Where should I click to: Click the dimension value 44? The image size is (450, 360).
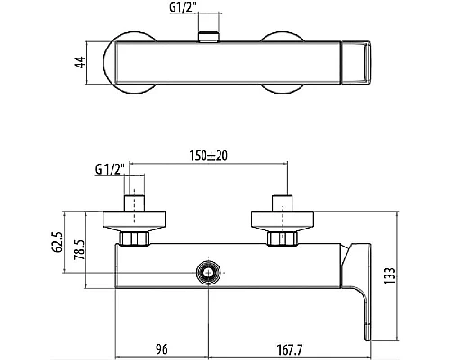[80, 62]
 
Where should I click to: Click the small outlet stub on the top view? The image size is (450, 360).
[210, 37]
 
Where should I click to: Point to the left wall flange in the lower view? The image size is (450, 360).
[135, 220]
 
